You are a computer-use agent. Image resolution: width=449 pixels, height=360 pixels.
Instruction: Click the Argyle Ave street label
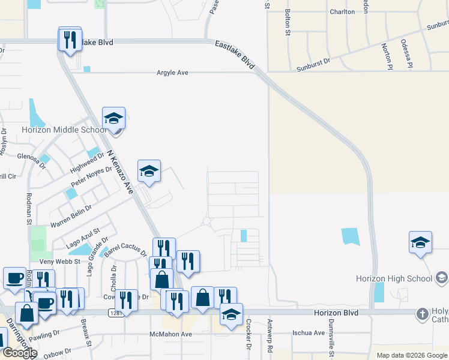pos(172,73)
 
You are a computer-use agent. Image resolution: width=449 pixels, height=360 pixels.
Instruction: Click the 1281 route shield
pos(116,313)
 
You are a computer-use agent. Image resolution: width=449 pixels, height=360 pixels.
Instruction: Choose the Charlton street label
pos(342,11)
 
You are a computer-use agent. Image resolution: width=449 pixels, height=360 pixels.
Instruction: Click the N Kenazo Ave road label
pos(119,172)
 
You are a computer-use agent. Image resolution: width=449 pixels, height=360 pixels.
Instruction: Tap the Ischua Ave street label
pos(309,332)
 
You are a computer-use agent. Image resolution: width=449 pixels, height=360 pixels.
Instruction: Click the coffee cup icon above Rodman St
pos(14,278)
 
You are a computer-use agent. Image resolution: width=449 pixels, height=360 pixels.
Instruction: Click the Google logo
pos(20,353)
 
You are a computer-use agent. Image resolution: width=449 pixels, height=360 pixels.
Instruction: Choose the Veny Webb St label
pos(59,262)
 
